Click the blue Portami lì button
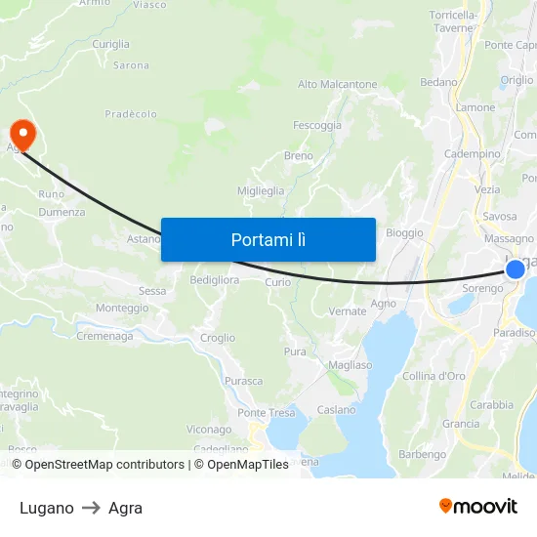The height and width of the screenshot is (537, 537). click(268, 239)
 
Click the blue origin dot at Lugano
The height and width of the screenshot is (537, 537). click(515, 269)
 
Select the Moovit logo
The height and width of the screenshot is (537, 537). click(478, 507)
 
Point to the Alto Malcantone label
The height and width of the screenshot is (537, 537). click(337, 85)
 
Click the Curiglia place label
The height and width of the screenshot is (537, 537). click(110, 45)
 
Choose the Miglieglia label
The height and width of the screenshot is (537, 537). click(262, 191)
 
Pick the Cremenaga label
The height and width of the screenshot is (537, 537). click(104, 337)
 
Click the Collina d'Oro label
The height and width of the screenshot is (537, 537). click(434, 376)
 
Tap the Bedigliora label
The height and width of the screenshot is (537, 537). click(214, 280)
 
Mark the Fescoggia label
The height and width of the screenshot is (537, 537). click(317, 126)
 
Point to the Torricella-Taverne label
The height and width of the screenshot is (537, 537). click(453, 22)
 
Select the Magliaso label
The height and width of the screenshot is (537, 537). click(351, 365)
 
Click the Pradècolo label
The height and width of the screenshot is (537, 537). click(131, 114)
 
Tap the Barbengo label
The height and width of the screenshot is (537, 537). click(423, 455)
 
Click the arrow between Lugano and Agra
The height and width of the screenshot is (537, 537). click(91, 508)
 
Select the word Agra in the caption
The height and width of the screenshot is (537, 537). click(126, 508)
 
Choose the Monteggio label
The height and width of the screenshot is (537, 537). click(122, 309)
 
